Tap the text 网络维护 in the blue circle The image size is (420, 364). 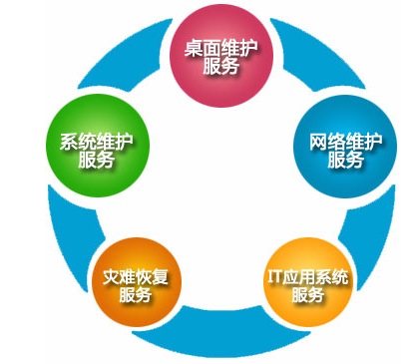[344, 139]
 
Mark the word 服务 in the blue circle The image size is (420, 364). [344, 160]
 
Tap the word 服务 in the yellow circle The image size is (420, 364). [309, 296]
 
